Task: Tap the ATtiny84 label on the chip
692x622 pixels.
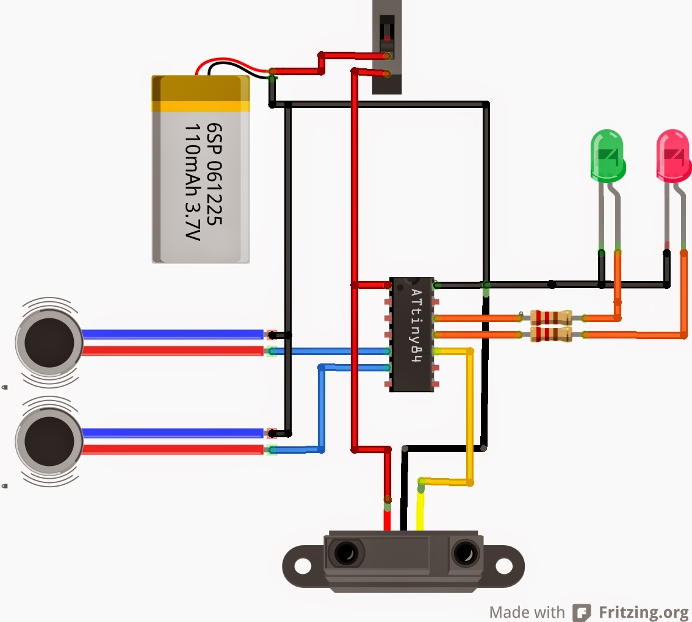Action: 416,326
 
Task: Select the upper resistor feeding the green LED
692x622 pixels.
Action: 550,317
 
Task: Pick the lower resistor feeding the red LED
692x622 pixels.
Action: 550,334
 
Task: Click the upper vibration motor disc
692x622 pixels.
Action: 49,341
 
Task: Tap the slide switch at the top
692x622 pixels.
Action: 387,46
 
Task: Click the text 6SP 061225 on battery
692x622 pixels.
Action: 214,174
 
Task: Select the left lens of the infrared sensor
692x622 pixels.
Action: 345,554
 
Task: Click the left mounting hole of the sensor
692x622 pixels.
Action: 302,565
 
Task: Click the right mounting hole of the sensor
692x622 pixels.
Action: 506,565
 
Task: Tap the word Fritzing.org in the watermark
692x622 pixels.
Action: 643,612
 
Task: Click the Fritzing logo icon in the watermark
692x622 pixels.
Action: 582,612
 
